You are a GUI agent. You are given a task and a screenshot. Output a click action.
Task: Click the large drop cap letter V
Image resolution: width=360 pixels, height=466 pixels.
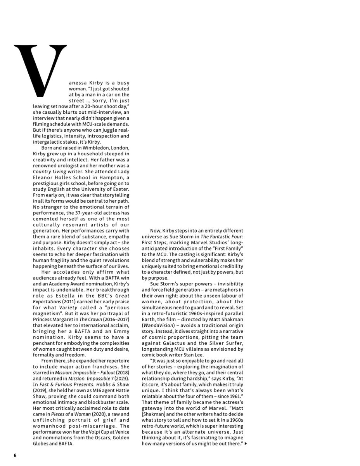click(40, 70)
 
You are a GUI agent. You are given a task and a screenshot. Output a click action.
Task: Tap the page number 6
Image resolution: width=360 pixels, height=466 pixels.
click(15, 455)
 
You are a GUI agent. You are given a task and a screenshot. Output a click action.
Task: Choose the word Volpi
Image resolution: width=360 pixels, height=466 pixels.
click(92, 431)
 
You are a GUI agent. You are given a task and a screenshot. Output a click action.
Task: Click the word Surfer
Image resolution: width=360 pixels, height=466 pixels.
click(233, 343)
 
